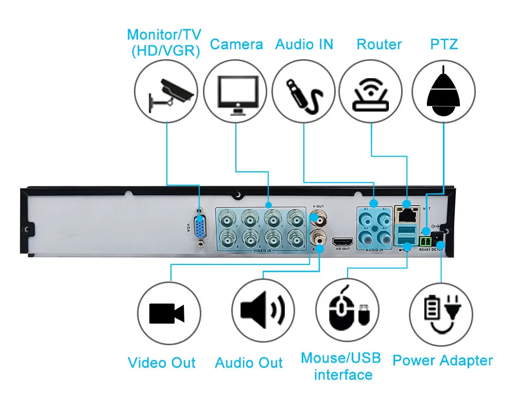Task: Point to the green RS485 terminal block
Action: point(425,240)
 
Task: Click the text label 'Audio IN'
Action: point(304,44)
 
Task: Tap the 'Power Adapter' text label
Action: point(442,361)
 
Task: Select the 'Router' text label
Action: point(379,44)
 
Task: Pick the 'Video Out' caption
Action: point(161,363)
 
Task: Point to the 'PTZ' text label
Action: point(444,44)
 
